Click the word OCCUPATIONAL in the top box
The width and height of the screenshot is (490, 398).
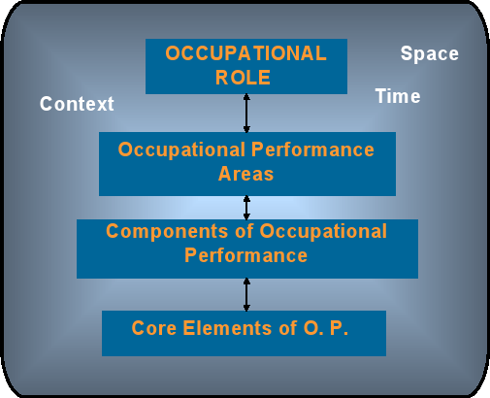245,53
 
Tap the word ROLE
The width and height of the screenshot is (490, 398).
243,78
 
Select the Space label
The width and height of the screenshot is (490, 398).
430,53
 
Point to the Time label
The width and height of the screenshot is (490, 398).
398,96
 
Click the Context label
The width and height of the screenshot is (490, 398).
77,104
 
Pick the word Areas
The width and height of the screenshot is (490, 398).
245,174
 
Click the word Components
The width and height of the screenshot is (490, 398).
167,232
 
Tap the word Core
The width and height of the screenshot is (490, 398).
154,328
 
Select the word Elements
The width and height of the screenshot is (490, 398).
227,328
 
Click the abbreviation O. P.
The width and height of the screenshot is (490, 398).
326,328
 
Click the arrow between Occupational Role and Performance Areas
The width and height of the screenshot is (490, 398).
246,113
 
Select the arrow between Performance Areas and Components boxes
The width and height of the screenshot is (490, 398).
246,208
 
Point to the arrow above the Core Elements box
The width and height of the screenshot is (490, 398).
246,294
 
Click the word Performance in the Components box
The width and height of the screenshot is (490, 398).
245,255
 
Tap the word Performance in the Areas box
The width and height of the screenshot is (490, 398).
312,149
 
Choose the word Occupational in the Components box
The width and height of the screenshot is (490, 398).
323,232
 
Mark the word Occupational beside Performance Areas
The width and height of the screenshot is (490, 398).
181,150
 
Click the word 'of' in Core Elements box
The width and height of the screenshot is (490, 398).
288,328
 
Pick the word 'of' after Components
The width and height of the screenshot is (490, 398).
244,231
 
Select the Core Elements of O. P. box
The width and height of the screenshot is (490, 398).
244,333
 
